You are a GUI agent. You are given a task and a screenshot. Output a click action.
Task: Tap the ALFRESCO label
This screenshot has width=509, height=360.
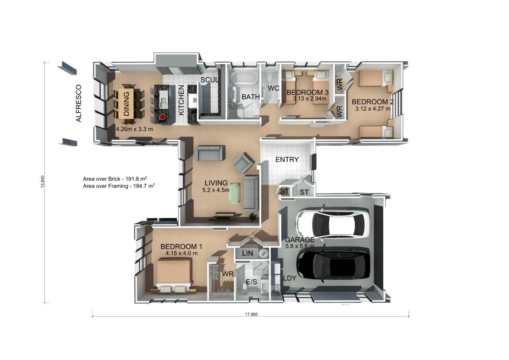[79, 103]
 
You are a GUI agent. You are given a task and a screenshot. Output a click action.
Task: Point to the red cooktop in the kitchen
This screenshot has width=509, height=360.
[162, 117]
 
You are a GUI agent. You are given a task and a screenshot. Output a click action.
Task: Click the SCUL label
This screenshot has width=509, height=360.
[209, 80]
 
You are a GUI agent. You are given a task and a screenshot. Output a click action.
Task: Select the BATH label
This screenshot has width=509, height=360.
[251, 97]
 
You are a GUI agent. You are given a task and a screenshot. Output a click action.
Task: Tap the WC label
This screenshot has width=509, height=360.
[273, 88]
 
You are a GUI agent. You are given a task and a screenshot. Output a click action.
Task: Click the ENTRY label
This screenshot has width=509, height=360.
[287, 160]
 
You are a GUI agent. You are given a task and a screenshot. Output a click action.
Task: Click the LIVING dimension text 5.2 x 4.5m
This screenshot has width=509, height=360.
[216, 190]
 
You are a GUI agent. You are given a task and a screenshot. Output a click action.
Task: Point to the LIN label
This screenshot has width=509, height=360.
[247, 253]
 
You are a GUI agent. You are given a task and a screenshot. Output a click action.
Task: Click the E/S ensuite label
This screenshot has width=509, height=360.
[252, 282]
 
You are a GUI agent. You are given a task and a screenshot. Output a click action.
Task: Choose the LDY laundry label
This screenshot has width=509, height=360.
[289, 278]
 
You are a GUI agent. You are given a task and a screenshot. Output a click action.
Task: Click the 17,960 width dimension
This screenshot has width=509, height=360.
[251, 314]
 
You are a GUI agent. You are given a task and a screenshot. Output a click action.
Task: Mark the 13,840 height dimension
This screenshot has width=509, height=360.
[43, 182]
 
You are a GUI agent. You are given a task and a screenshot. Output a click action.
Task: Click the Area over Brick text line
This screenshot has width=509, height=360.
[118, 179]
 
